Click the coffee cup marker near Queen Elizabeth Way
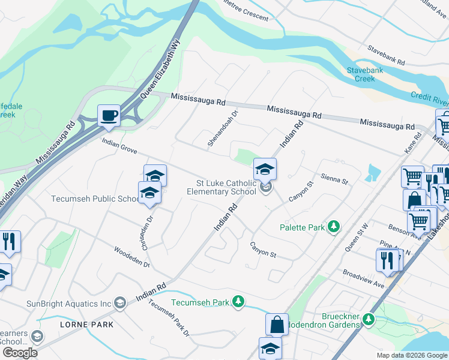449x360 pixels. click(109, 115)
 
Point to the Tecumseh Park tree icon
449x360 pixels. click(239, 302)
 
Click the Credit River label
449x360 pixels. click(429, 97)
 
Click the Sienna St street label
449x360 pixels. click(335, 179)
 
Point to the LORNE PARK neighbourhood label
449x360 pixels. click(86, 325)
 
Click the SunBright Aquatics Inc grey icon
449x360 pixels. click(120, 304)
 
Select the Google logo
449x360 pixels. click(20, 353)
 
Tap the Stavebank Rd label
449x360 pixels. click(387, 55)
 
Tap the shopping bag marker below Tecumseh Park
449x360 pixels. click(277, 324)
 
